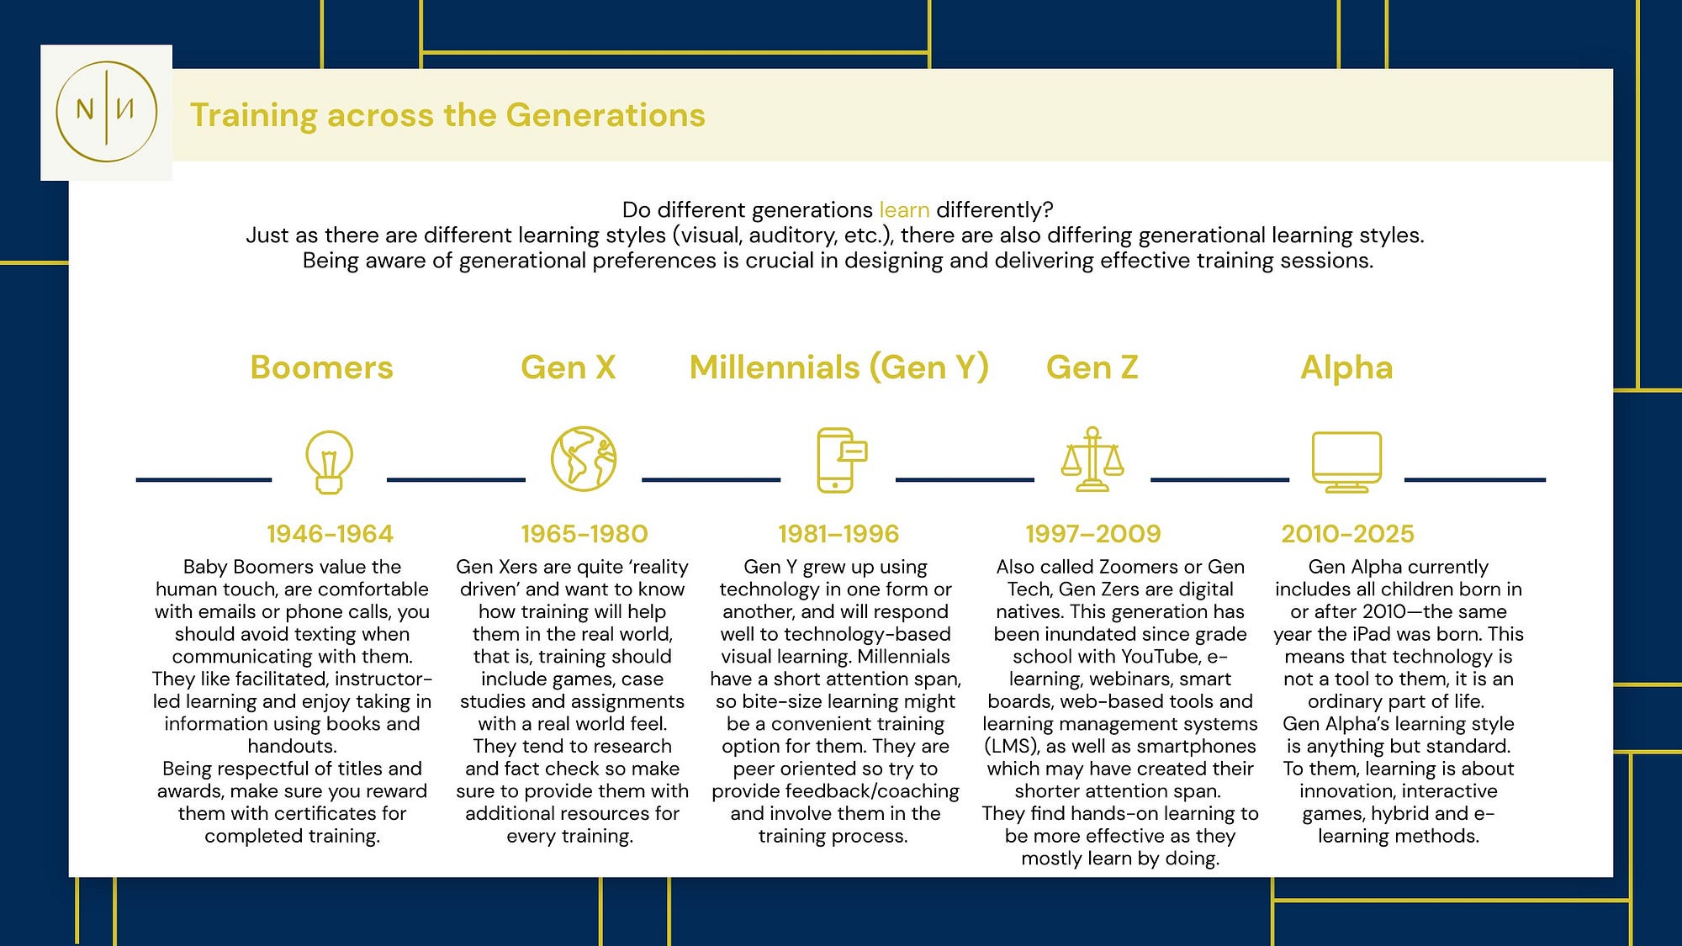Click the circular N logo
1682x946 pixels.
107,112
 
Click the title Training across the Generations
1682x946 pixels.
447,115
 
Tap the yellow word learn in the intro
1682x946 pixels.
904,209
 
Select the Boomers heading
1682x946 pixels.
321,367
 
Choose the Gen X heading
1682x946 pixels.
569,367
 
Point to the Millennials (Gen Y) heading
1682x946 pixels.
838,367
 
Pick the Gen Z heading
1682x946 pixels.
1092,367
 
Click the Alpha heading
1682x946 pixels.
1346,367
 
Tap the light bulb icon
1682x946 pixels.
329,461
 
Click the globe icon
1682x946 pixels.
584,459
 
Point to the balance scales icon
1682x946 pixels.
1092,459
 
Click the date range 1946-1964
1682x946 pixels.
330,533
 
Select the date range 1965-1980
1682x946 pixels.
584,533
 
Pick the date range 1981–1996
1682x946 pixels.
838,533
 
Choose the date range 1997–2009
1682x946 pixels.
1093,533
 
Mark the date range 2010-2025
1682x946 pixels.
1347,533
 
